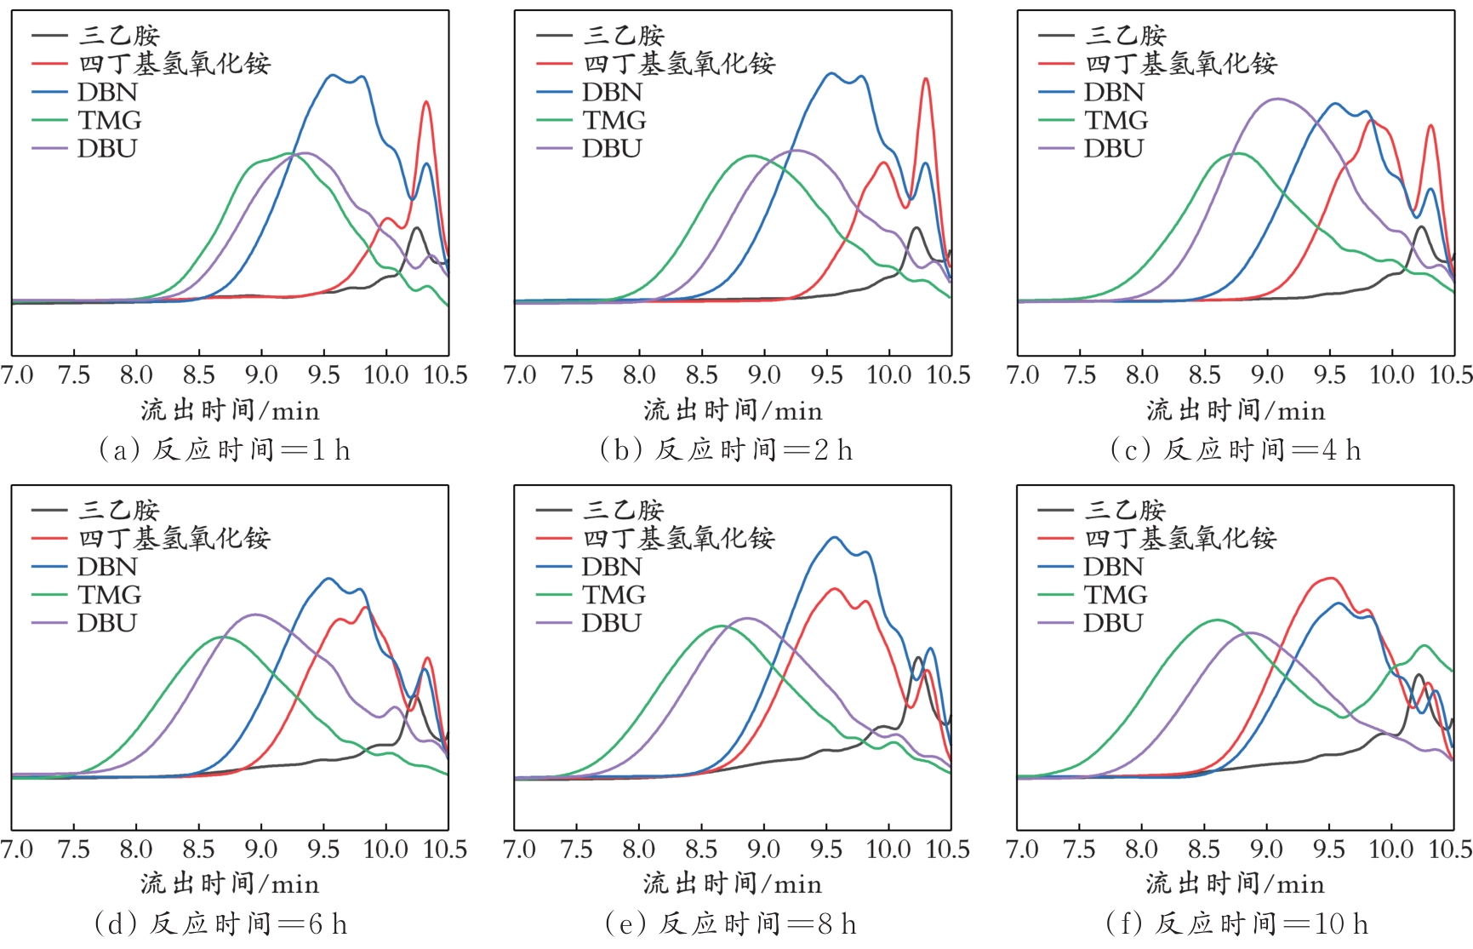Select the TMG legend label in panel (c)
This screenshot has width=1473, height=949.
point(1116,120)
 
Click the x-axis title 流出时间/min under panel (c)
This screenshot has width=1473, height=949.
point(1236,411)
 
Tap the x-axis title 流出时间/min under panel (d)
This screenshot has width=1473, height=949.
point(230,884)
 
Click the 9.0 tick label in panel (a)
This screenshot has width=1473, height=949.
point(261,375)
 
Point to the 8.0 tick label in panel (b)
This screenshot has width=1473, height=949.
point(639,375)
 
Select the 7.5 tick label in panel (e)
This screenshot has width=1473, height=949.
point(576,849)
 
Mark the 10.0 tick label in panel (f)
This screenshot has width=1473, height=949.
point(1391,849)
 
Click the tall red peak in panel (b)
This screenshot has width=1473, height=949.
point(926,79)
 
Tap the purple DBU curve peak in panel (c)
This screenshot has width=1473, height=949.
point(1277,99)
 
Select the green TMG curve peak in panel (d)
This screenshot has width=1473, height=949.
point(223,637)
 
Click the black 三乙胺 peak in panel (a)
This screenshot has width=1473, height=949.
point(416,228)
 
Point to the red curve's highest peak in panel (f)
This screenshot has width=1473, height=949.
point(1328,579)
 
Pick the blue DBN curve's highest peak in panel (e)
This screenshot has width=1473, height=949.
point(834,537)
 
